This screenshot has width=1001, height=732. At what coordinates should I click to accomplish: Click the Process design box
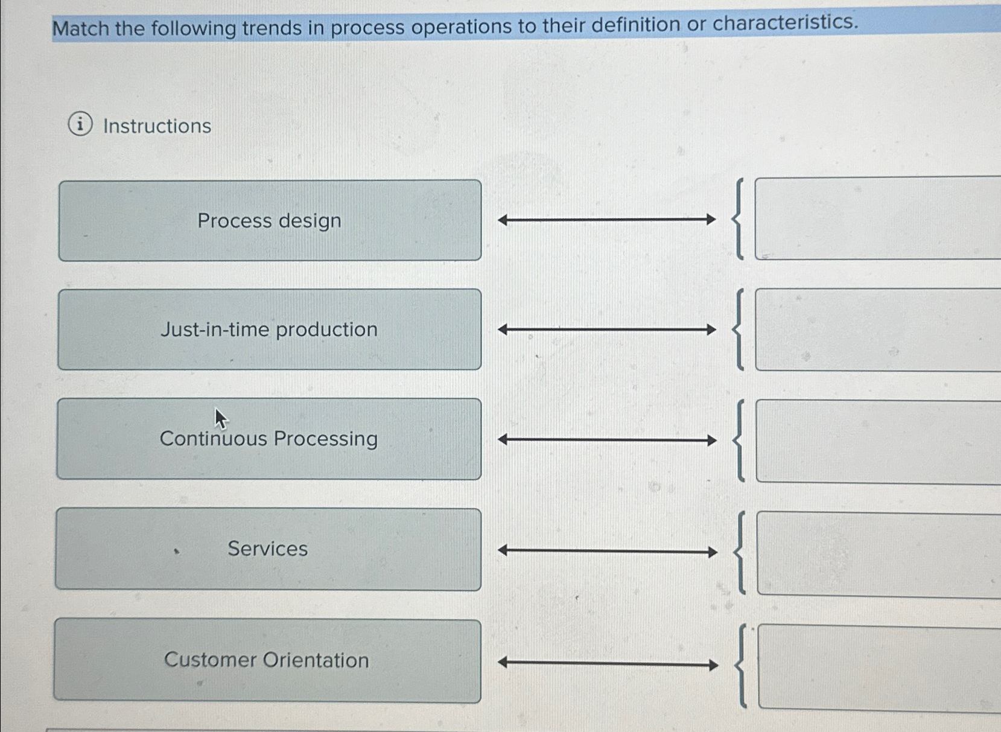[270, 220]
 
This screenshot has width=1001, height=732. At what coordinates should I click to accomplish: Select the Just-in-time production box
[269, 329]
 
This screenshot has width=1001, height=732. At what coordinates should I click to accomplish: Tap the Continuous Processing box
[269, 439]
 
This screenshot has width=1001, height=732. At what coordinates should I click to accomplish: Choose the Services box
[268, 549]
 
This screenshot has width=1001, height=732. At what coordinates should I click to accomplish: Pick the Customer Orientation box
[267, 660]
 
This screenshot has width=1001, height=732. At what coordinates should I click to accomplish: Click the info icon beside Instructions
[80, 124]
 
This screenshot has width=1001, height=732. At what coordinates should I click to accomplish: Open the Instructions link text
[157, 126]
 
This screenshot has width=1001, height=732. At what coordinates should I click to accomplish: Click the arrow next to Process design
[606, 220]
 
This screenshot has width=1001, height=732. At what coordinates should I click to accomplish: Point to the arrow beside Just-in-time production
[606, 329]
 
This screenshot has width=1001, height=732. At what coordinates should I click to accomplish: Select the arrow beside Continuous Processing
[607, 440]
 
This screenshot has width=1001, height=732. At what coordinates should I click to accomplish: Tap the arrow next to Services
[608, 551]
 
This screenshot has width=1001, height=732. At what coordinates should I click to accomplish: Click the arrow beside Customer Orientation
[608, 664]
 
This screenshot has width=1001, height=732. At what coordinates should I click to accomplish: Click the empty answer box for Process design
[877, 218]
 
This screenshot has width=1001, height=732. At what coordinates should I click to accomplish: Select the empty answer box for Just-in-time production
[878, 329]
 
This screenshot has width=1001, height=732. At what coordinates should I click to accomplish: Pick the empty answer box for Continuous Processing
[879, 441]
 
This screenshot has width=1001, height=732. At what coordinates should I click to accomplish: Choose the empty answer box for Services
[879, 554]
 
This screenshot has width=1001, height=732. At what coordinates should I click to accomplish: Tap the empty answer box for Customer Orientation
[880, 667]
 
